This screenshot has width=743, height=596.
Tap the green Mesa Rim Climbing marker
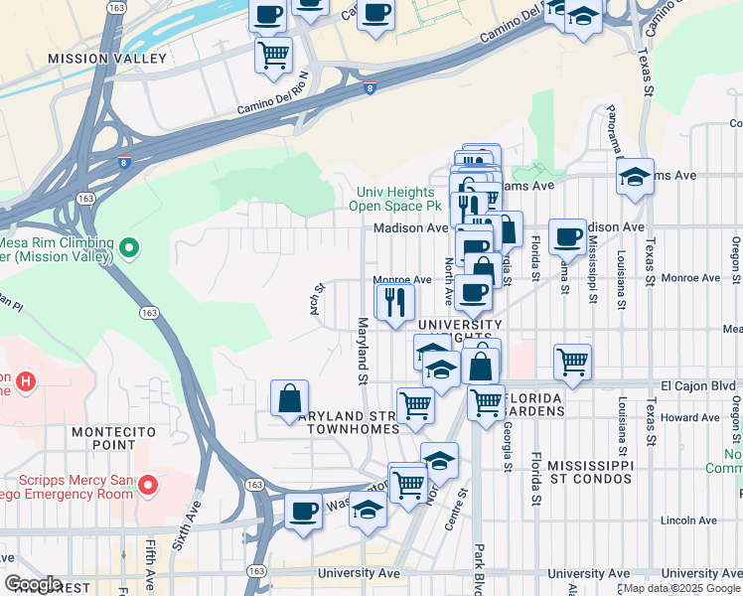click(x=128, y=246)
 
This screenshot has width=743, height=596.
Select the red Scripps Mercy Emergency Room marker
click(x=148, y=486)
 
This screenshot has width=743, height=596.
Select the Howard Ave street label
click(x=691, y=418)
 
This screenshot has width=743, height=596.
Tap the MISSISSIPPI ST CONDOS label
click(x=589, y=472)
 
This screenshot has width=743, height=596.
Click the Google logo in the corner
click(x=34, y=584)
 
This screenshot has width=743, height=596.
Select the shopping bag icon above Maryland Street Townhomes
click(x=289, y=398)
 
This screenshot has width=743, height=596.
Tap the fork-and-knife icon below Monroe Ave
click(x=394, y=300)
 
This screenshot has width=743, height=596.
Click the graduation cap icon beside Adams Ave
click(x=635, y=178)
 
